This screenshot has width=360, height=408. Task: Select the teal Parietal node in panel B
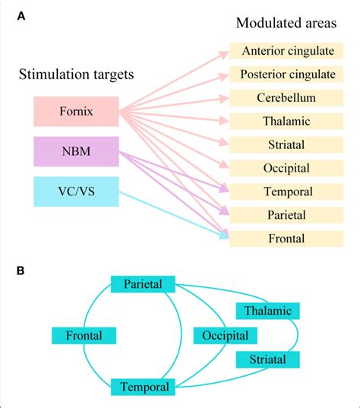point(144,284)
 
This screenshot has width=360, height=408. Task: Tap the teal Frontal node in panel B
point(84,335)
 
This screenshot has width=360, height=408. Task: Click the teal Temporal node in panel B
point(144,386)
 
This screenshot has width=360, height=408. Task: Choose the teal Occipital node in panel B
point(226,335)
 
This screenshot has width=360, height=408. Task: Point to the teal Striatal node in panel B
point(267,359)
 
